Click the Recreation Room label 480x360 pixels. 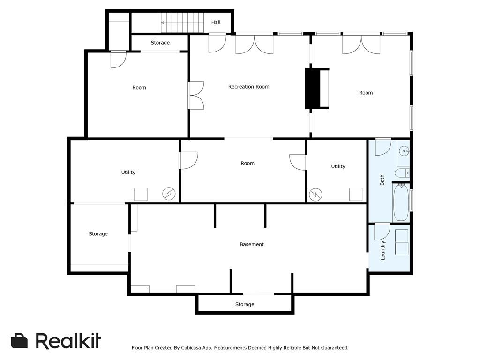pyautogui.click(x=248, y=87)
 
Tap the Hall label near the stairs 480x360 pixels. pyautogui.click(x=216, y=22)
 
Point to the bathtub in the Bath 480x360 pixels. pyautogui.click(x=401, y=202)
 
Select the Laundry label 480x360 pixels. pyautogui.click(x=383, y=250)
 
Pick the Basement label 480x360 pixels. pyautogui.click(x=252, y=244)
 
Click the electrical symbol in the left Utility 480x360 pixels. pyautogui.click(x=168, y=194)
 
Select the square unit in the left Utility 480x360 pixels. pyautogui.click(x=141, y=194)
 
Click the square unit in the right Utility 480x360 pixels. pyautogui.click(x=356, y=194)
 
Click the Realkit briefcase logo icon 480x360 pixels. pyautogui.click(x=19, y=341)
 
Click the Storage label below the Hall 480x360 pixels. pyautogui.click(x=160, y=43)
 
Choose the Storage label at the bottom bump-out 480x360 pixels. pyautogui.click(x=244, y=304)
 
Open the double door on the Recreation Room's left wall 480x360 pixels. pyautogui.click(x=196, y=96)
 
